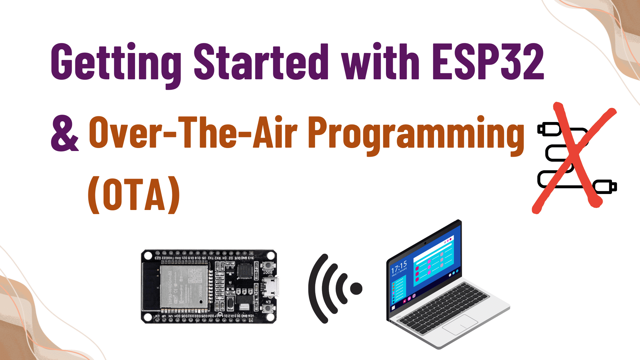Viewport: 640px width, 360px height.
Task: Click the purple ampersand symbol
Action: pyautogui.click(x=65, y=133)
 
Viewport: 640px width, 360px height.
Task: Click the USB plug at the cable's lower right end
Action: pyautogui.click(x=605, y=187)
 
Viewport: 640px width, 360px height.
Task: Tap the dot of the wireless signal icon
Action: pyautogui.click(x=356, y=289)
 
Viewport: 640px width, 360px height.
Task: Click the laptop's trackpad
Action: pyautogui.click(x=460, y=324)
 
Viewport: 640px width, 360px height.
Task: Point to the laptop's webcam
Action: pyautogui.click(x=425, y=243)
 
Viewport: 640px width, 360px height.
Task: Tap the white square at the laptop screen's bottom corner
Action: pyautogui.click(x=393, y=308)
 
